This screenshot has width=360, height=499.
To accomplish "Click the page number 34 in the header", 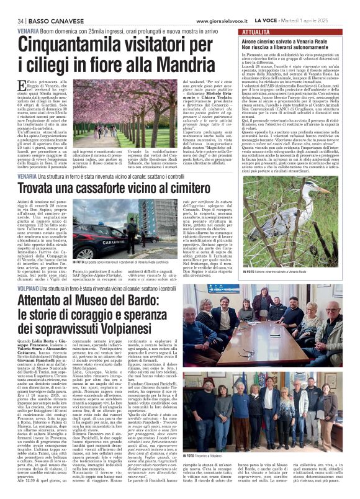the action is click(x=12, y=6).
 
